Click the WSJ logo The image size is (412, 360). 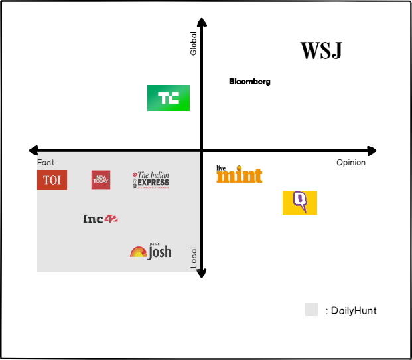[321, 51]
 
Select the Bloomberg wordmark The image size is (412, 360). [249, 82]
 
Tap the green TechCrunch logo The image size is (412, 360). [168, 98]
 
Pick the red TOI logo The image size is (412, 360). [52, 180]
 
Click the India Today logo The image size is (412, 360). [101, 180]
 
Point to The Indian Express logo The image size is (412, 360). [151, 180]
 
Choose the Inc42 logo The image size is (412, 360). [100, 218]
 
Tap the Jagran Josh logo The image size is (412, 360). [151, 251]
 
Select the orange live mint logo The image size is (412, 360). [239, 174]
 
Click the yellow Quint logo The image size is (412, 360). [300, 202]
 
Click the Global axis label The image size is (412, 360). [194, 43]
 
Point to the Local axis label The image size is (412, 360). [194, 258]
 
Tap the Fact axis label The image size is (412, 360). [46, 163]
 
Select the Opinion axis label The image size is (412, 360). [350, 163]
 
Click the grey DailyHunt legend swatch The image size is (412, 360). [311, 310]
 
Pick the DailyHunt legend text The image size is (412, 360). [352, 310]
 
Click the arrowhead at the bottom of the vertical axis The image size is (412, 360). [202, 273]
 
